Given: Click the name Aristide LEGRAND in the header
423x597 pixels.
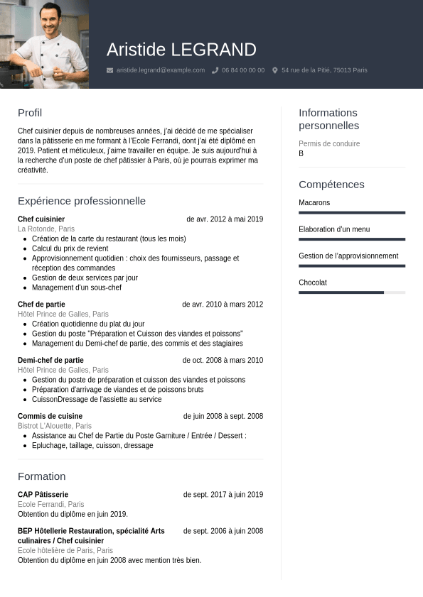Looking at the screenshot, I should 181,50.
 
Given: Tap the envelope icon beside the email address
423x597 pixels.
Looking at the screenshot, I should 109,70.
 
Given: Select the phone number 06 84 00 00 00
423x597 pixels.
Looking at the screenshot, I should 243,70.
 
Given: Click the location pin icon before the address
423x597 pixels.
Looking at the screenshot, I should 275,70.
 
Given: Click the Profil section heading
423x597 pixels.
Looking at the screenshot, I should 30,113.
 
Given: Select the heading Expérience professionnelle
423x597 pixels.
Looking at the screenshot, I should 82,201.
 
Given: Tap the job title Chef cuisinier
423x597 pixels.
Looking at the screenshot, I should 41,219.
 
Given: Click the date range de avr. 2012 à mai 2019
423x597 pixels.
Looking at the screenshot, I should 225,219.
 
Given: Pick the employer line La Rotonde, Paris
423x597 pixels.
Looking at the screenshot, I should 46,229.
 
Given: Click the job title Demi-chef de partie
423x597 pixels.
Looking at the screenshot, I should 50,361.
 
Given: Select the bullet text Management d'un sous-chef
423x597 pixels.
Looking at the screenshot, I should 77,287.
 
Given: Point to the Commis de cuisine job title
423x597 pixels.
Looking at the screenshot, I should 50,416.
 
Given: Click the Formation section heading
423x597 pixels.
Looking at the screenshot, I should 41,476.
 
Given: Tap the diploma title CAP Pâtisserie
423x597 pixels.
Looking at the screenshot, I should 43,495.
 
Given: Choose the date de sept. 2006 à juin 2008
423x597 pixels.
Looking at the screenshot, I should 223,531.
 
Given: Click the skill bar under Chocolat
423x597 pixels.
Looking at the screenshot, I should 352,292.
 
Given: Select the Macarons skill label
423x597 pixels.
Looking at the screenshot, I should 314,203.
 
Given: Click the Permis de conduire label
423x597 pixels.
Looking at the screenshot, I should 329,144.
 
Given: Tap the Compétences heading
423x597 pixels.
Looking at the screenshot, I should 331,185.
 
